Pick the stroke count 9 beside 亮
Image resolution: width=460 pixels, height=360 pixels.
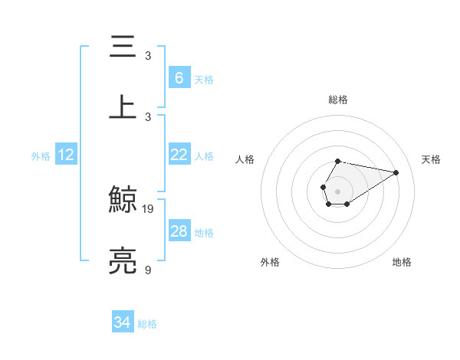(148, 270)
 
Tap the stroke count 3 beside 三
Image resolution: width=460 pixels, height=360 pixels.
(148, 55)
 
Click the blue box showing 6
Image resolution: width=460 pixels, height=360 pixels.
(179, 77)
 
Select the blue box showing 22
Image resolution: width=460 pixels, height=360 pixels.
(179, 155)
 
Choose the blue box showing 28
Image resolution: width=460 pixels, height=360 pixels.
(179, 231)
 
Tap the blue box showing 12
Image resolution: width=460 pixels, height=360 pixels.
(65, 155)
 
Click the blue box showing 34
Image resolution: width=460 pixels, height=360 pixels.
(122, 322)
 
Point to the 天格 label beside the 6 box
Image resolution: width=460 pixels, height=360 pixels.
(204, 80)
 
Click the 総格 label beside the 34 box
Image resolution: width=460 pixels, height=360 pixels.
(147, 325)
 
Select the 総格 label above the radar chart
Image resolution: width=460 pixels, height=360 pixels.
(337, 100)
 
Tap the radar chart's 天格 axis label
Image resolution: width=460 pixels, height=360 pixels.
(431, 159)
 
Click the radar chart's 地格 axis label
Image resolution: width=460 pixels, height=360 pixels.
(402, 262)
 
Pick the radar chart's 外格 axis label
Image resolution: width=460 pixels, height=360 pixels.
(270, 262)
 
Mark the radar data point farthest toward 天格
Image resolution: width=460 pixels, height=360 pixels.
(396, 172)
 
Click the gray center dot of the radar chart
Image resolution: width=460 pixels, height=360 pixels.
(337, 190)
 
